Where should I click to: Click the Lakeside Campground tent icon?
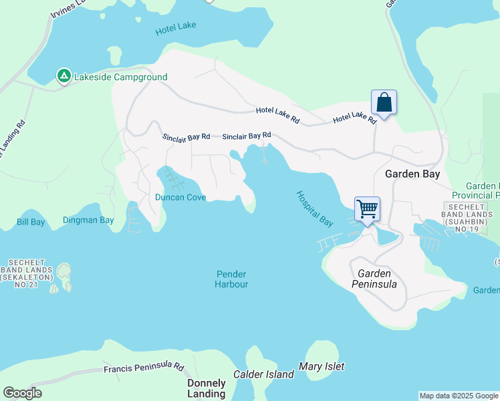64,76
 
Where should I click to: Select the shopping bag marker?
384,103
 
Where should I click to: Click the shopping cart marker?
367,209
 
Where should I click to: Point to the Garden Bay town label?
412,174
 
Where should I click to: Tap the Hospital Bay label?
315,207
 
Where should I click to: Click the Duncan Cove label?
180,197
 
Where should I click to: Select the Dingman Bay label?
88,219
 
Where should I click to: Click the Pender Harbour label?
231,279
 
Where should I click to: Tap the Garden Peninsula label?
374,279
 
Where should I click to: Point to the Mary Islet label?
322,366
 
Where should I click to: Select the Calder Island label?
263,374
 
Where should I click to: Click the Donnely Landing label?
206,388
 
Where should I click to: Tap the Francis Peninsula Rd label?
144,368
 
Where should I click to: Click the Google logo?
22,393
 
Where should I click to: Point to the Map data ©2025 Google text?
458,396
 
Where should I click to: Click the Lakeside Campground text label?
121,77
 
